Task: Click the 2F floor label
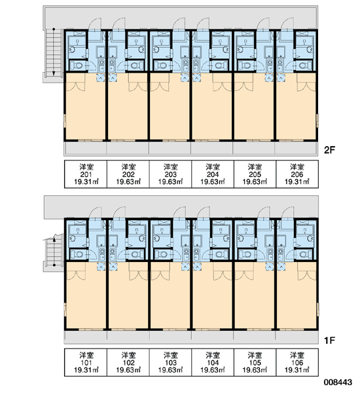click(329, 150)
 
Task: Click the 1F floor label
click(329, 341)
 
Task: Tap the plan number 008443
click(338, 383)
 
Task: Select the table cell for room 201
click(86, 174)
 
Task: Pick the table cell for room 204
click(213, 174)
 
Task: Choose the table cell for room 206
click(297, 174)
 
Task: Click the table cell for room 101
click(86, 362)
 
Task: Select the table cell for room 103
click(170, 362)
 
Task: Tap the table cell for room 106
click(297, 362)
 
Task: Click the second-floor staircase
click(54, 52)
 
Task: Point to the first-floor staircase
click(54, 252)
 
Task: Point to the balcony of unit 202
click(128, 148)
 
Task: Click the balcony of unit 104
click(213, 337)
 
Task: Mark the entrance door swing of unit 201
click(95, 24)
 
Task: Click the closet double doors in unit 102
click(138, 276)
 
